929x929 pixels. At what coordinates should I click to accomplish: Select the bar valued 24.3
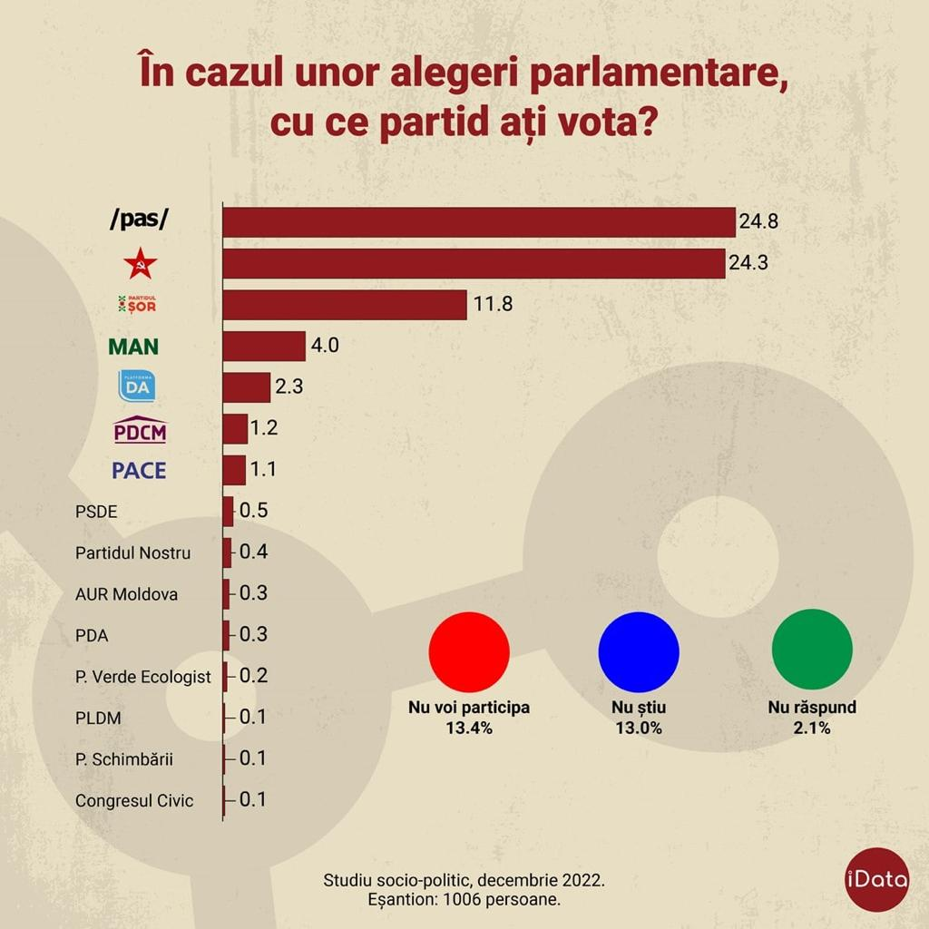click(474, 264)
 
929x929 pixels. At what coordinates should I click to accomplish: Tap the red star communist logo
click(140, 264)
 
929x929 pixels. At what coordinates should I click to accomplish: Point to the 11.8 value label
click(493, 305)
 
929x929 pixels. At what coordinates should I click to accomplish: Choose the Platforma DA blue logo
click(137, 386)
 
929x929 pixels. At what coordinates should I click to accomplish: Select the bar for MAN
click(264, 347)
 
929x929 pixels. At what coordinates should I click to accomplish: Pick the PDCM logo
click(140, 430)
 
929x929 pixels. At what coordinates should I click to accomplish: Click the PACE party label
click(139, 471)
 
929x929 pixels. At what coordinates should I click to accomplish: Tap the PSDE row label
click(96, 512)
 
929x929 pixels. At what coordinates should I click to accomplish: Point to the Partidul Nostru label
click(132, 553)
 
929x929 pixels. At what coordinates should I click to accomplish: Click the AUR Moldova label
click(126, 594)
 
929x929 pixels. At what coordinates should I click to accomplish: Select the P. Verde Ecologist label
click(143, 677)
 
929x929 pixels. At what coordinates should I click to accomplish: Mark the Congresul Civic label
click(134, 801)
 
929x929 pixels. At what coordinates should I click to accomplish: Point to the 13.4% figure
click(468, 728)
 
